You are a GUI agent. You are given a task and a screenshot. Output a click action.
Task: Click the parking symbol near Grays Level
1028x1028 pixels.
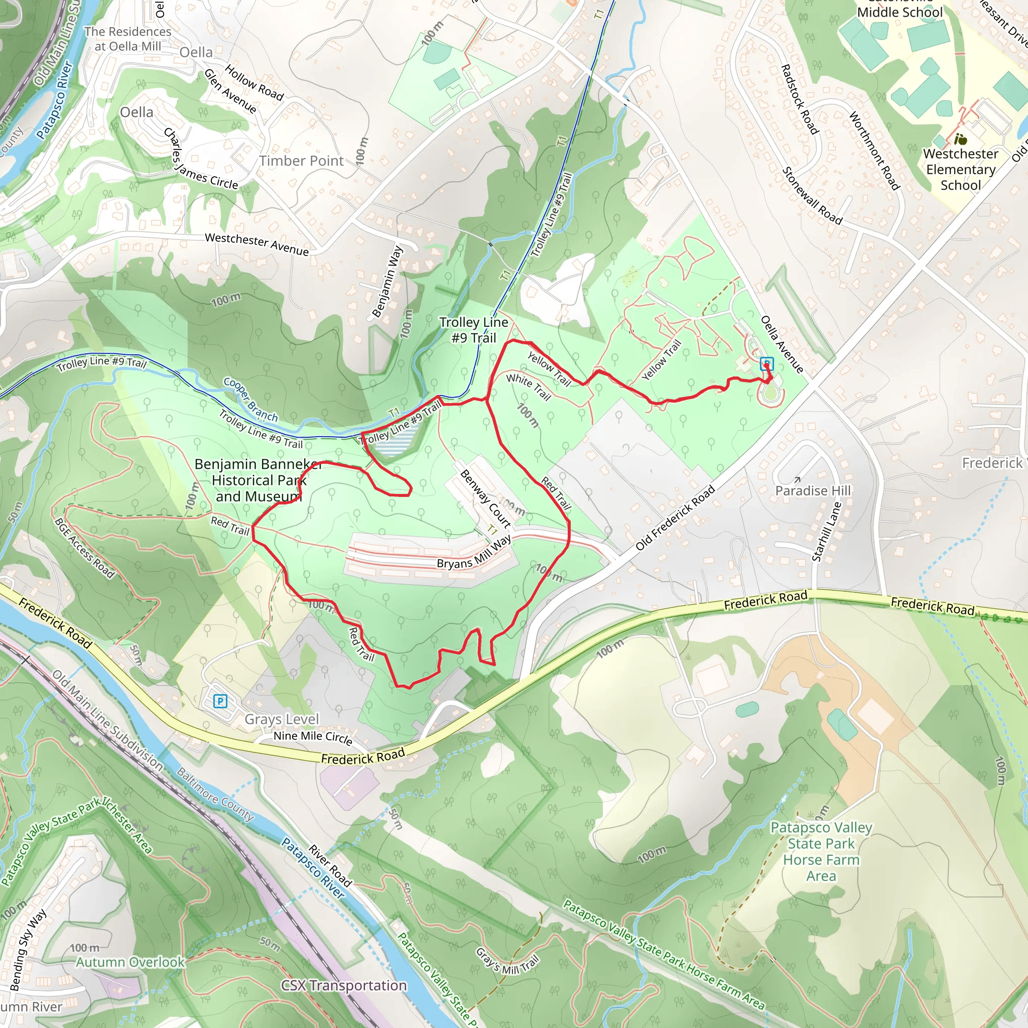[x=220, y=701]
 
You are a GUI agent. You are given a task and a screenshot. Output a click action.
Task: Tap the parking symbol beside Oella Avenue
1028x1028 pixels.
[x=766, y=363]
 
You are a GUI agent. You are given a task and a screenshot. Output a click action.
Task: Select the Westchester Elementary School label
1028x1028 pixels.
[x=960, y=169]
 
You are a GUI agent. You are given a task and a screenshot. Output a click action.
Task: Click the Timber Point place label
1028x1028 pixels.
[x=301, y=161]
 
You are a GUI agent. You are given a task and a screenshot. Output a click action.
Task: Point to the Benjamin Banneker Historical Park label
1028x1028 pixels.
[x=259, y=480]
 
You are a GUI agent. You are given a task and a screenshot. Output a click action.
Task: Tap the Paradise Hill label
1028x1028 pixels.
[x=813, y=490]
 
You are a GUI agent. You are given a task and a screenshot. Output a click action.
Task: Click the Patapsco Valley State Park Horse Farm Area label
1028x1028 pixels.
[x=821, y=851]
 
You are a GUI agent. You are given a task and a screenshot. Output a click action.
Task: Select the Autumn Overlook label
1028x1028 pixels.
[x=131, y=962]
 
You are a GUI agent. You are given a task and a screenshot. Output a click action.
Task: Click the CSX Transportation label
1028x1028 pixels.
[x=344, y=985]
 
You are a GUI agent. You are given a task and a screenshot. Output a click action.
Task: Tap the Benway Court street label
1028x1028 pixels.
[x=485, y=498]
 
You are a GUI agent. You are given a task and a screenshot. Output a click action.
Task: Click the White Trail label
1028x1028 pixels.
[x=529, y=387]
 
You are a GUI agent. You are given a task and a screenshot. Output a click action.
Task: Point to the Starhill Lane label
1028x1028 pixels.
[x=826, y=531]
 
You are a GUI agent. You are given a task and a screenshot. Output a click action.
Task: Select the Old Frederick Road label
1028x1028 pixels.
[x=675, y=518]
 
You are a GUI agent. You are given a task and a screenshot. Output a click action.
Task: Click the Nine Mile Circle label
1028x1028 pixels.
[x=312, y=737]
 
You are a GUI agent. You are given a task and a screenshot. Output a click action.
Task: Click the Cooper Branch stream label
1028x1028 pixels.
[x=250, y=400]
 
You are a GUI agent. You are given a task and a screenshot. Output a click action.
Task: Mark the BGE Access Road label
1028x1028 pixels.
[x=84, y=548]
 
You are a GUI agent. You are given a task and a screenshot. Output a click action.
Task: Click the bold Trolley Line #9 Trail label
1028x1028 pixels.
[x=473, y=330]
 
